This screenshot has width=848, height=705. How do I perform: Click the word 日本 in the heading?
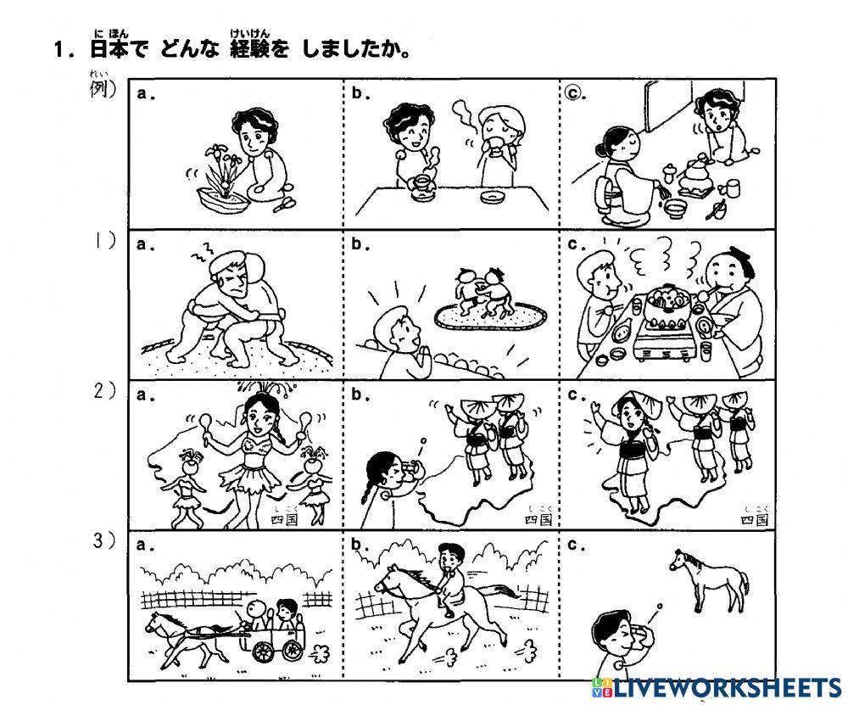[x=111, y=49]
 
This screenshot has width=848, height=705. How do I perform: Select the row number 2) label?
[x=105, y=391]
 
